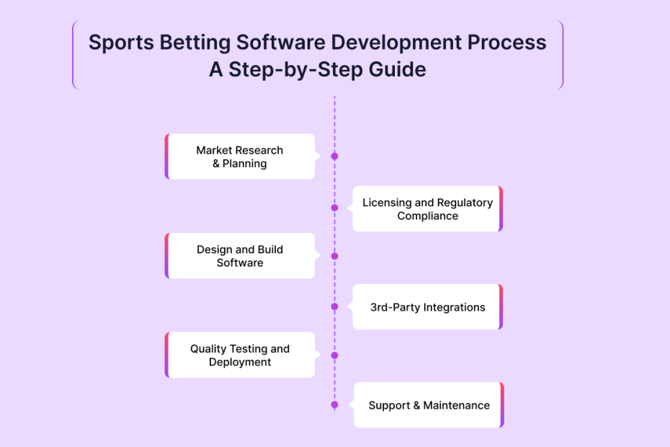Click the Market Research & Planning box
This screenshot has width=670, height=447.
pyautogui.click(x=240, y=156)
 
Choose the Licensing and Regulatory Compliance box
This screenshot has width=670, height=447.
pyautogui.click(x=427, y=209)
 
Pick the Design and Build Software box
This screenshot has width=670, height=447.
pyautogui.click(x=240, y=256)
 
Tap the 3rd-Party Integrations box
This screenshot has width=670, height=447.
pyautogui.click(x=427, y=307)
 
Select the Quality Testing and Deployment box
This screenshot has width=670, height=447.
pyautogui.click(x=240, y=355)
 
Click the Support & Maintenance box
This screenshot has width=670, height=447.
pyautogui.click(x=429, y=405)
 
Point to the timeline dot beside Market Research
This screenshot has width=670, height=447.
pyautogui.click(x=334, y=156)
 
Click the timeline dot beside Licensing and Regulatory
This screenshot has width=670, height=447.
pyautogui.click(x=334, y=208)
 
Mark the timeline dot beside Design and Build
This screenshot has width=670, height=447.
pyautogui.click(x=334, y=256)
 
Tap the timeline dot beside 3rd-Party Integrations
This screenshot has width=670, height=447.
pyautogui.click(x=334, y=306)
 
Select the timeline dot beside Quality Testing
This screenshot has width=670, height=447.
pyautogui.click(x=334, y=355)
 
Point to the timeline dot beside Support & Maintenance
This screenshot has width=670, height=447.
pyautogui.click(x=334, y=404)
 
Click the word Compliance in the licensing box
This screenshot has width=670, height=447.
pyautogui.click(x=427, y=216)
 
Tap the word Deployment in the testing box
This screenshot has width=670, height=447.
pyautogui.click(x=240, y=362)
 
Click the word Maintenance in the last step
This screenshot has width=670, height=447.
pyautogui.click(x=456, y=405)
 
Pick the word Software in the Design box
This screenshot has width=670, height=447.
pyautogui.click(x=240, y=262)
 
